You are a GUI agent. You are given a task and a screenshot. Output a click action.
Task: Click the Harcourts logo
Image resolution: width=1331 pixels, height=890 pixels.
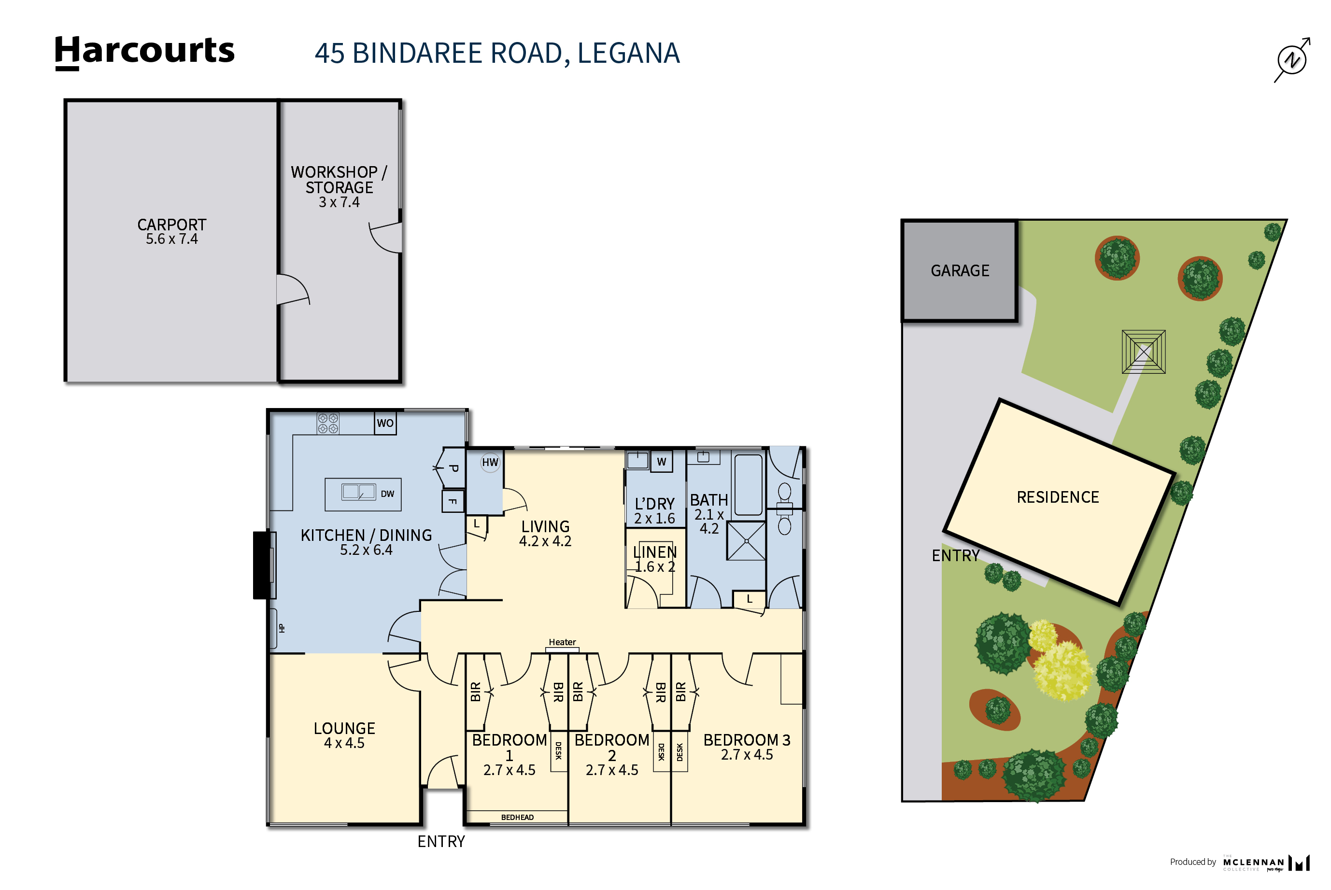click(144, 52)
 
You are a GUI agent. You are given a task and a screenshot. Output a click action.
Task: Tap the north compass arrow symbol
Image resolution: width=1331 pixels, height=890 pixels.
click(1292, 59)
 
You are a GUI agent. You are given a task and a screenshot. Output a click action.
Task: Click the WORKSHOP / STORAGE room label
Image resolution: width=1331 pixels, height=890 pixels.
click(339, 187)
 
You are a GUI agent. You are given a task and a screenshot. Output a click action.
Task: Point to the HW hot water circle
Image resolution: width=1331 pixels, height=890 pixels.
click(490, 462)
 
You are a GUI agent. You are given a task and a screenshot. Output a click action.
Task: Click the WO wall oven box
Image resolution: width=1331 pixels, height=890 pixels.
click(385, 423)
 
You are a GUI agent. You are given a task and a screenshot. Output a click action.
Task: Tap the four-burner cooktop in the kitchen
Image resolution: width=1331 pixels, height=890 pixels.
click(328, 424)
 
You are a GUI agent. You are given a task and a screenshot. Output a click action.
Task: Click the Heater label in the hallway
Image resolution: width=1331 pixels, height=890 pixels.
click(562, 642)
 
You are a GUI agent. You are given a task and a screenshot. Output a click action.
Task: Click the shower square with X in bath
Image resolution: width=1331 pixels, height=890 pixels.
click(746, 541)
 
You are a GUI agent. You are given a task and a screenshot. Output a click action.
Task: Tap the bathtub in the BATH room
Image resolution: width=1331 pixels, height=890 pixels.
click(748, 484)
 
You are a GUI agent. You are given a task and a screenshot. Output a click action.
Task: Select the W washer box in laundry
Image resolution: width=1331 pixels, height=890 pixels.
click(661, 462)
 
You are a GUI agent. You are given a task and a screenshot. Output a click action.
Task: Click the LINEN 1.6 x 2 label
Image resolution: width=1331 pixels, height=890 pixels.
click(654, 559)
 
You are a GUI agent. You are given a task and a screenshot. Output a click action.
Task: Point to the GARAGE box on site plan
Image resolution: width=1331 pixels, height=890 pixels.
click(959, 271)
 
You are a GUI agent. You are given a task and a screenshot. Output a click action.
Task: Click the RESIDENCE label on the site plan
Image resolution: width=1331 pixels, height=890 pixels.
click(1058, 497)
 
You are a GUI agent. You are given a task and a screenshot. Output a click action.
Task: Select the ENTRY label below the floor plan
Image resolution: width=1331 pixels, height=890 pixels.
click(441, 842)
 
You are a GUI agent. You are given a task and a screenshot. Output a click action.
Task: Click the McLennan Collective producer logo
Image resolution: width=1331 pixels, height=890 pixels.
click(1265, 863)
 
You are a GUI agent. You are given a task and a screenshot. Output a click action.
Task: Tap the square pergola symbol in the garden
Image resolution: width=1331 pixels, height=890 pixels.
click(1143, 352)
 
